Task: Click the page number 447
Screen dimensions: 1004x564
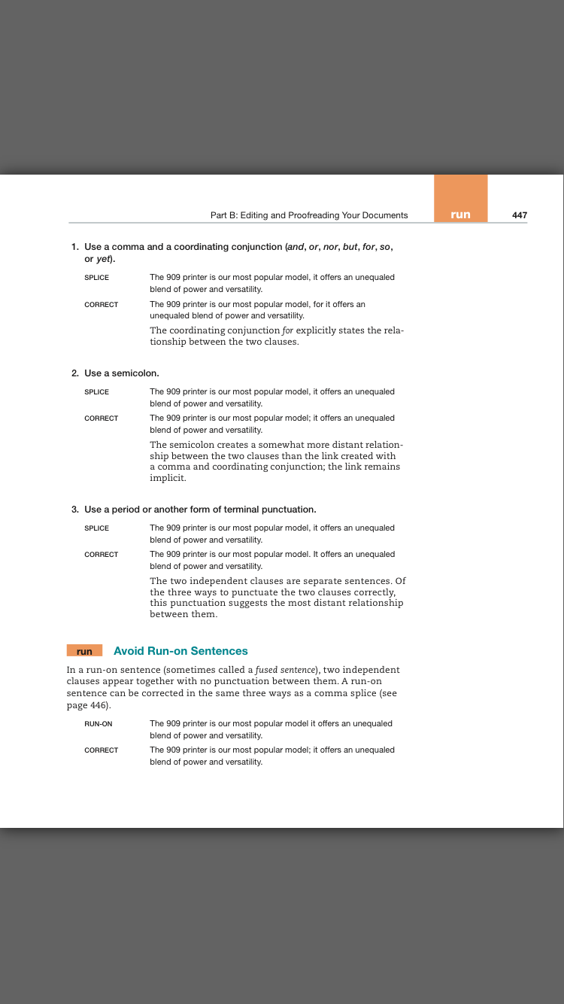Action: click(x=519, y=215)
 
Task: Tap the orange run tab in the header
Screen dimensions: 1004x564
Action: click(x=460, y=214)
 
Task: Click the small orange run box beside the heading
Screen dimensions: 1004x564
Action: click(x=84, y=651)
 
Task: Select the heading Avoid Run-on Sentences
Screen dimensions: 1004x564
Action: click(x=180, y=651)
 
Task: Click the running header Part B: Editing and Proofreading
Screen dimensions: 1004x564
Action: click(x=309, y=215)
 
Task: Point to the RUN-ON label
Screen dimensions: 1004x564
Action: click(x=99, y=724)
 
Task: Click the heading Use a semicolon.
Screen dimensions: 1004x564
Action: click(x=122, y=373)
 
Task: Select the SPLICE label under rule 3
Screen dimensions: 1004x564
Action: click(x=96, y=528)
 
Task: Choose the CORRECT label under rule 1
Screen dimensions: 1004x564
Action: click(x=101, y=305)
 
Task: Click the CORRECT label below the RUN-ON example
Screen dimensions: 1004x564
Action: click(x=101, y=750)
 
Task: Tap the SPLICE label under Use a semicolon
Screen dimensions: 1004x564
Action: click(x=96, y=392)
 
